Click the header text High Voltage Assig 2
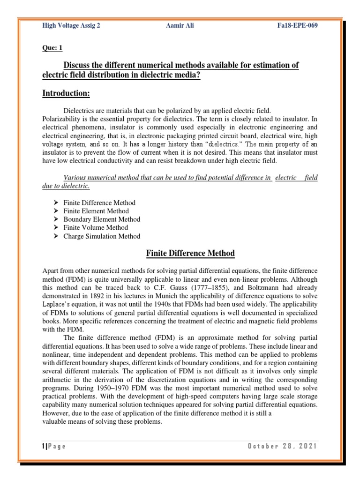71,25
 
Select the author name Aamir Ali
180,25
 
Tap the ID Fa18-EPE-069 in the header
298,25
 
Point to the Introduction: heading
66,94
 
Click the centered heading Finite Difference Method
190,254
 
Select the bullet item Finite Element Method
96,211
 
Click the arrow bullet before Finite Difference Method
55,203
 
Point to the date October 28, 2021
282,446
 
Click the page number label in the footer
54,446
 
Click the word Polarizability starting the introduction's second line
61,119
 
